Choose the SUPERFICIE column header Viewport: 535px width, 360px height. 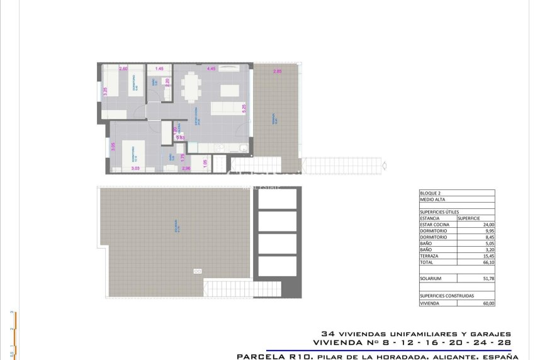[469, 218]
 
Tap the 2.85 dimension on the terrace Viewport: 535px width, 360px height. [277, 72]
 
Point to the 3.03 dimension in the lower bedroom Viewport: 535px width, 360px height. [135, 169]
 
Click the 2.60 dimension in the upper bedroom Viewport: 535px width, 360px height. [123, 69]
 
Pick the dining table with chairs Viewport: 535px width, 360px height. [193, 86]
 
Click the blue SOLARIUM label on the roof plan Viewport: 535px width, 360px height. [178, 227]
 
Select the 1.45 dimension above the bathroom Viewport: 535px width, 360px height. [159, 69]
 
